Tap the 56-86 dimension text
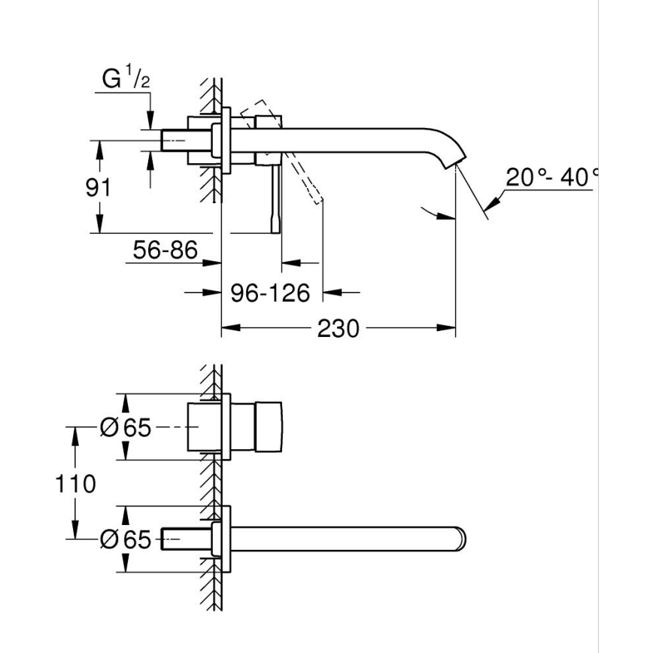(x=164, y=249)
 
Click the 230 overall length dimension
(x=337, y=329)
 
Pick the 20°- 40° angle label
(x=551, y=178)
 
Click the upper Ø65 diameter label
(x=125, y=428)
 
